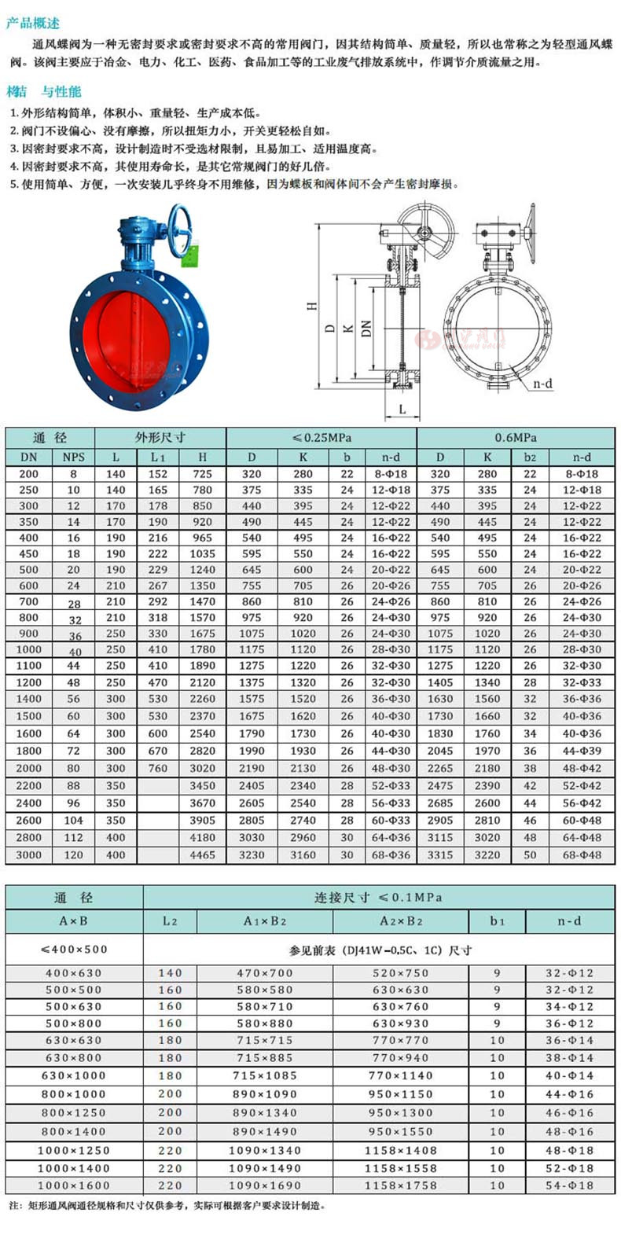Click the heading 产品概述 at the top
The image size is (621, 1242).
pyautogui.click(x=33, y=24)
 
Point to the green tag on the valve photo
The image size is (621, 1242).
pyautogui.click(x=191, y=257)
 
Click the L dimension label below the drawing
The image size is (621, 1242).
pyautogui.click(x=402, y=410)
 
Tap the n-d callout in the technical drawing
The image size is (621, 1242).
pyautogui.click(x=543, y=383)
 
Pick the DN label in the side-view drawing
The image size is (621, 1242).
pyautogui.click(x=366, y=329)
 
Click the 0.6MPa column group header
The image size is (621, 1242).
pyautogui.click(x=516, y=438)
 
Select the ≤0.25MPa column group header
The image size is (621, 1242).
pyautogui.click(x=322, y=438)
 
